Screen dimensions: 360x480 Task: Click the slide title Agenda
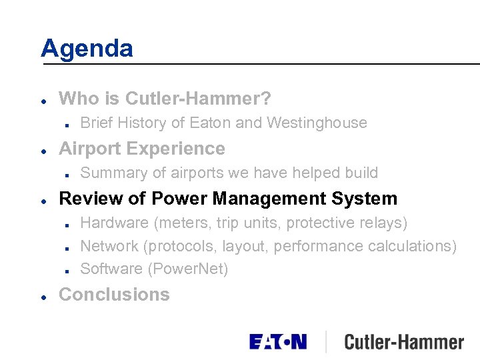click(87, 49)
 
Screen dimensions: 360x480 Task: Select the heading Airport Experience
click(142, 148)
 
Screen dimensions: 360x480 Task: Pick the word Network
click(109, 245)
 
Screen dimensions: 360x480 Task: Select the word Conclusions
click(114, 294)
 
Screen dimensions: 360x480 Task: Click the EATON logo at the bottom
click(278, 342)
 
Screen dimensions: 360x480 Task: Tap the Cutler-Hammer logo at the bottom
click(404, 343)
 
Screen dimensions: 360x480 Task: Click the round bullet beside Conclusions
click(43, 295)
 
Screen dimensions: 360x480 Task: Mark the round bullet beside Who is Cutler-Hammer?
click(43, 100)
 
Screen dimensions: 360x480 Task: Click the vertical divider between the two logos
click(326, 342)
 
